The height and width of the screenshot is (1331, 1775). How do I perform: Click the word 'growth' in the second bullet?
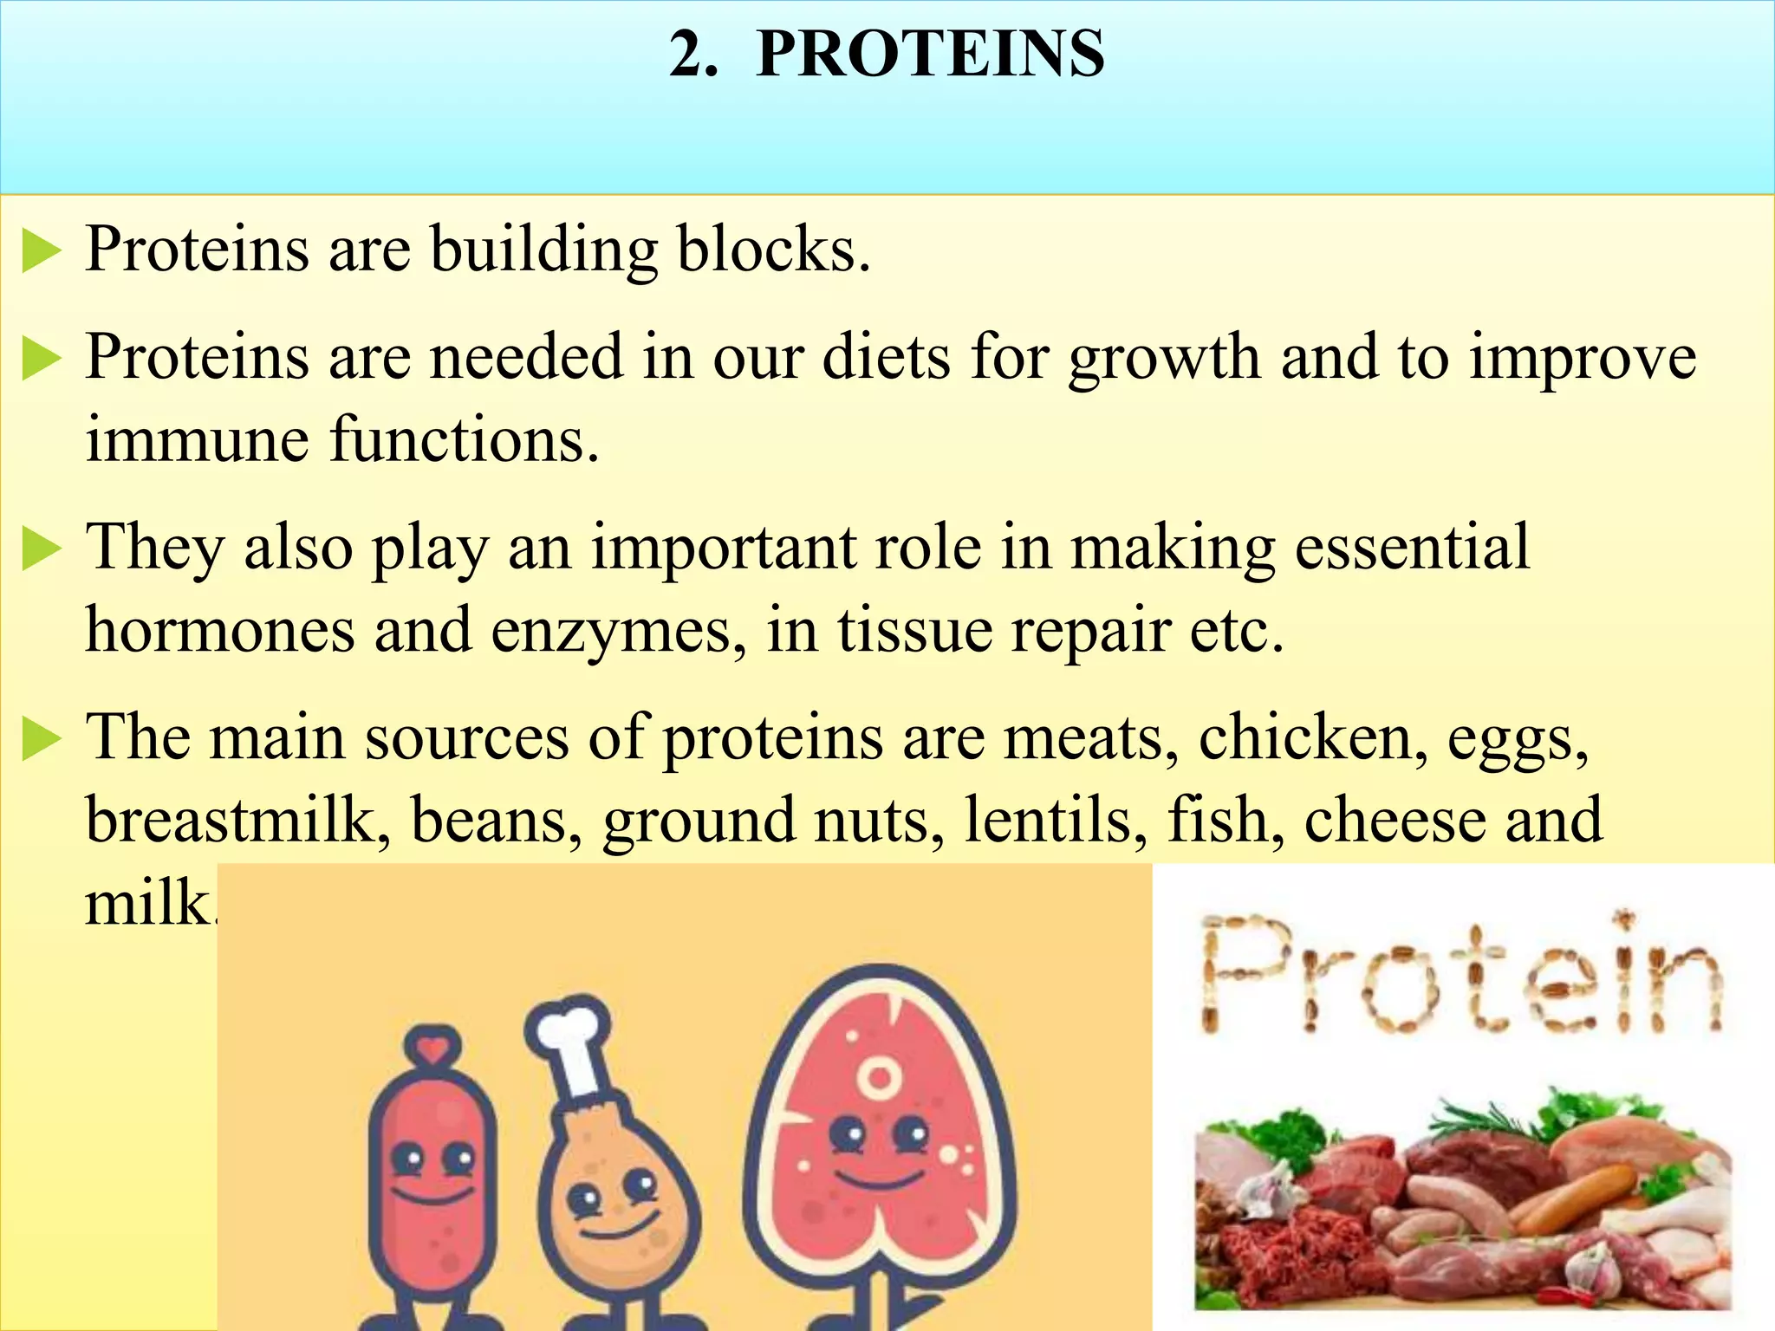1163,359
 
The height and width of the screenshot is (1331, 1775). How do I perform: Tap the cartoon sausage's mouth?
434,1195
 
